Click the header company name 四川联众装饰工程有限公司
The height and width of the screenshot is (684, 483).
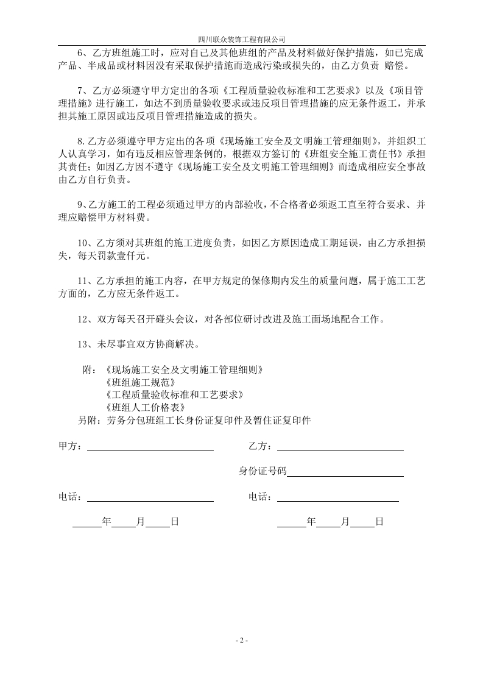click(242, 38)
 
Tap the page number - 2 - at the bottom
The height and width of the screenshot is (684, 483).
click(241, 641)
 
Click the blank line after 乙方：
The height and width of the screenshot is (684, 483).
click(340, 446)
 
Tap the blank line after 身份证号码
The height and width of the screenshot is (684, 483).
click(345, 472)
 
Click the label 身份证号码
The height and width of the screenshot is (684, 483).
click(262, 471)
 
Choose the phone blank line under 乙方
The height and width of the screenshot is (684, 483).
click(337, 497)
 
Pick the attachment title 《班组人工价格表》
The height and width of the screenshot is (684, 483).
click(145, 407)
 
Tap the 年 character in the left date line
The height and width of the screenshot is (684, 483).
click(107, 522)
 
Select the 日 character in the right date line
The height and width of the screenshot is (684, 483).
click(379, 522)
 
